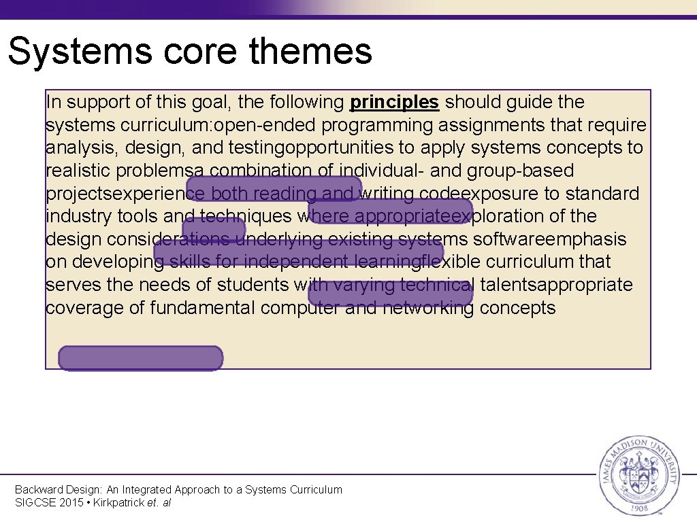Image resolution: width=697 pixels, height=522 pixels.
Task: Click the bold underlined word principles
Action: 394,103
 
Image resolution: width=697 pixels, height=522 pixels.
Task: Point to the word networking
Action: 427,308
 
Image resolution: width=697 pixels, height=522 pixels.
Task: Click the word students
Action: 252,285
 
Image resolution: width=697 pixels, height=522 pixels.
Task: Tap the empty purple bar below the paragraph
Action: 141,358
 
